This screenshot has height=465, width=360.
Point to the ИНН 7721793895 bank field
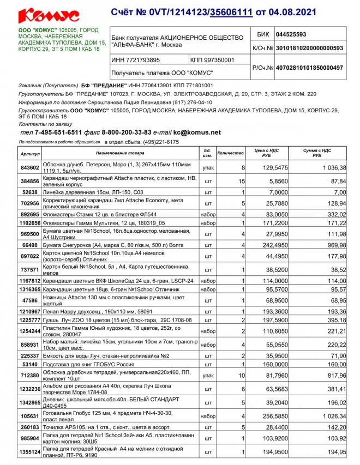click(136, 60)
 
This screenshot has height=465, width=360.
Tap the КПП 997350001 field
click(213, 60)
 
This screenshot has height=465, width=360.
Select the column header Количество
click(230, 153)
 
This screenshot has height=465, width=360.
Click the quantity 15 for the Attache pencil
click(241, 181)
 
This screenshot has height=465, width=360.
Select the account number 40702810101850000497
click(309, 68)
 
